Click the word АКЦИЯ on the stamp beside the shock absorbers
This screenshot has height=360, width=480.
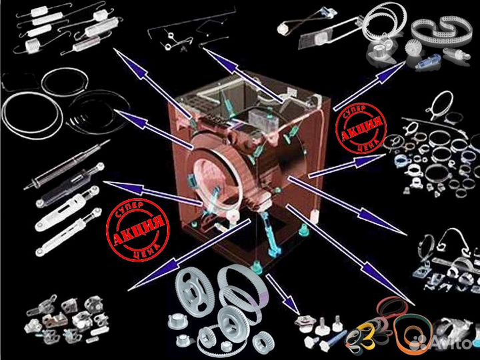pos(138,230)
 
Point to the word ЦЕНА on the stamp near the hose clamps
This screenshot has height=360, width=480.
pos(367,145)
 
